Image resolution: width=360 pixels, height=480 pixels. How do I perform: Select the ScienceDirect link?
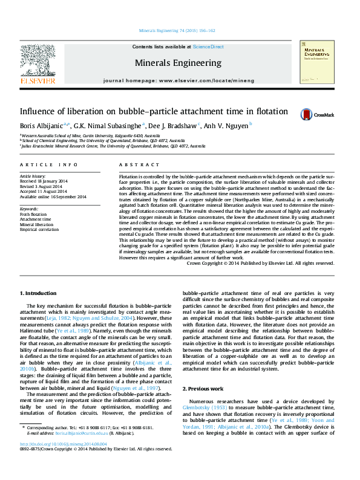[x=208, y=47]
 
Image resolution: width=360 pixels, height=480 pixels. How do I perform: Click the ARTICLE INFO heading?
[x=49, y=164]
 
